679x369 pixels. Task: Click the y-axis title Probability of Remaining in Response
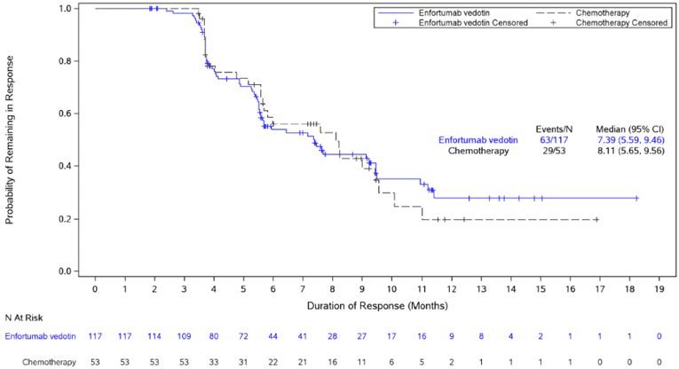click(x=10, y=138)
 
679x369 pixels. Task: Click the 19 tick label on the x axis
click(x=659, y=287)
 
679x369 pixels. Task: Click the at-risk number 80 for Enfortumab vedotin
click(x=214, y=336)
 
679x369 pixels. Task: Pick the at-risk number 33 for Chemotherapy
click(x=214, y=363)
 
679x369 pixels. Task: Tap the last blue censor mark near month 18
click(x=636, y=198)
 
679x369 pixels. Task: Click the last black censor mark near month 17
click(x=596, y=219)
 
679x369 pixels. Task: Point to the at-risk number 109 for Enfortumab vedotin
click(x=184, y=336)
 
